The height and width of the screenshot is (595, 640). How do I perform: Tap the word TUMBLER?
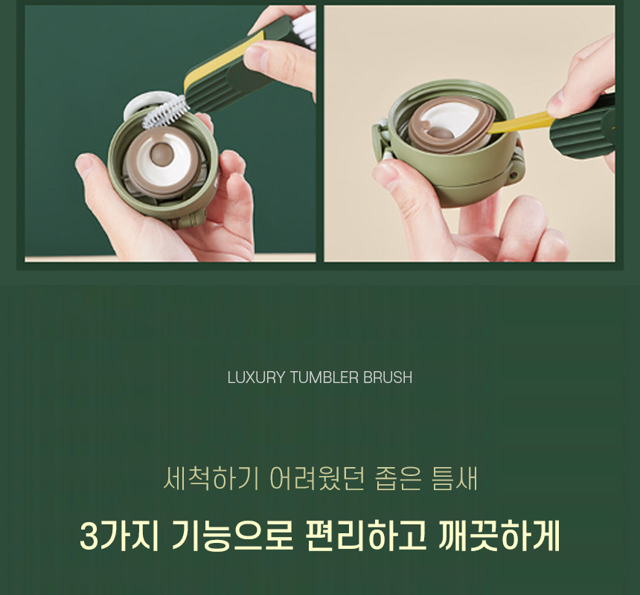click(324, 378)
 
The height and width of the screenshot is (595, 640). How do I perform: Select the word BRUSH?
click(387, 378)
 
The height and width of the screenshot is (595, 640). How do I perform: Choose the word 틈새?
click(454, 478)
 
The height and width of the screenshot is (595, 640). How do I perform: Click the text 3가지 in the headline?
click(119, 535)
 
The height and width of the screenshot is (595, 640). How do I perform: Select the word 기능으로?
click(232, 535)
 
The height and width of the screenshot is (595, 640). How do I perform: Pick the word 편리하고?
click(365, 535)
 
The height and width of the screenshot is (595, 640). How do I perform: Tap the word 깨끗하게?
click(499, 535)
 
